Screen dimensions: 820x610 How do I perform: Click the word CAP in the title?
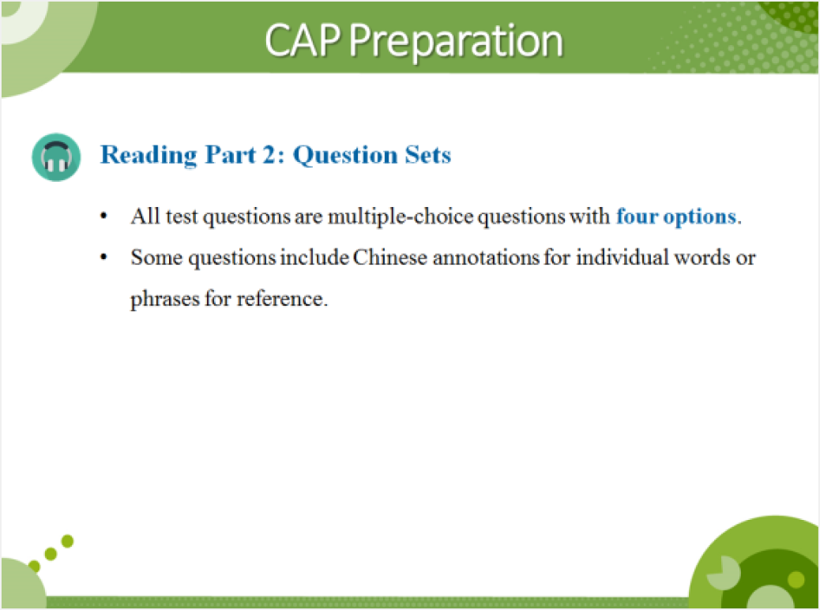click(x=303, y=40)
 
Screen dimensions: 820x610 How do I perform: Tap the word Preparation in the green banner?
click(x=456, y=43)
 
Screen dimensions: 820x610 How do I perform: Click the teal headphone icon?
click(x=56, y=157)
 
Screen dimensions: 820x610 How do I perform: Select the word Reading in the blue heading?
click(x=149, y=156)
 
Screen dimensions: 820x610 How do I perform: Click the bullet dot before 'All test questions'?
click(x=104, y=216)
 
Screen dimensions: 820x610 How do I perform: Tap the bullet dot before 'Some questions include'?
click(x=104, y=257)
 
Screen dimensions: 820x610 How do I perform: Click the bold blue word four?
click(x=637, y=216)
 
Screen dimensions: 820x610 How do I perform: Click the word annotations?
click(x=486, y=258)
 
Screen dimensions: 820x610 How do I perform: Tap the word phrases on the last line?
click(x=165, y=299)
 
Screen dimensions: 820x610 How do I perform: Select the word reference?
click(x=280, y=299)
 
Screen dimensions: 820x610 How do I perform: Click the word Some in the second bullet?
click(x=156, y=258)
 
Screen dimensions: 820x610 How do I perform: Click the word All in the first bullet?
click(x=145, y=216)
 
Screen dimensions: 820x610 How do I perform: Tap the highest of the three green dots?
click(x=67, y=541)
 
